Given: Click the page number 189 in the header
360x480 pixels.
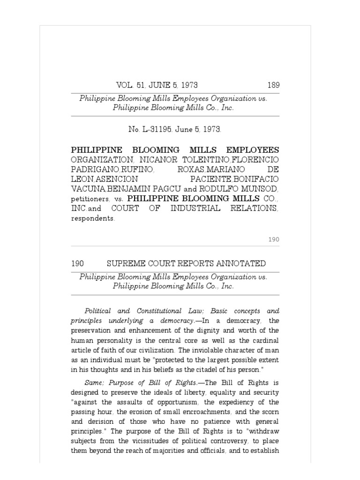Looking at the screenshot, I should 273,85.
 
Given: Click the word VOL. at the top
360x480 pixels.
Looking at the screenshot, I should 124,85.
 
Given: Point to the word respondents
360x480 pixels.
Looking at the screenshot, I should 92,218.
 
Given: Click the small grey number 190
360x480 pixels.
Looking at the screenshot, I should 274,240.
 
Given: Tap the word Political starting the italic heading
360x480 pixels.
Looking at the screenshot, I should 99,311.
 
